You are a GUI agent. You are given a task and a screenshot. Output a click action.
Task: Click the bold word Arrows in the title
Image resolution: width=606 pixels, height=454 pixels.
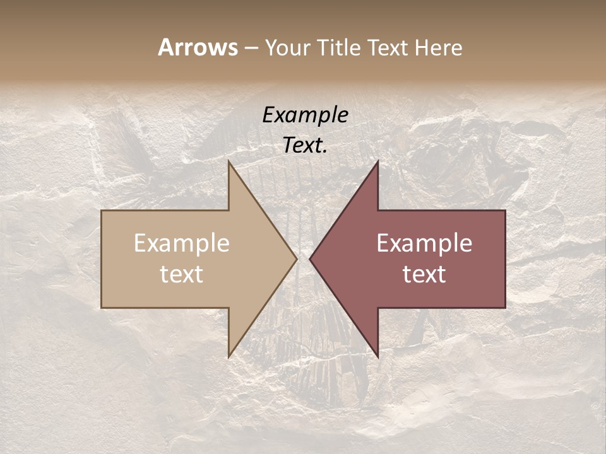(198, 47)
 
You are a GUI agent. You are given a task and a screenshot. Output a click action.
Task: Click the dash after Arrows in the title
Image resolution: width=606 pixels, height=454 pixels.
(251, 48)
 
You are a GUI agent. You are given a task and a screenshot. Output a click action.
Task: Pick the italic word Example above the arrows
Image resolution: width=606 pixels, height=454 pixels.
(305, 115)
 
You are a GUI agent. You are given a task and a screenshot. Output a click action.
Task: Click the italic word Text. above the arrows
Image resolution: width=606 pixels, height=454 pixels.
(305, 145)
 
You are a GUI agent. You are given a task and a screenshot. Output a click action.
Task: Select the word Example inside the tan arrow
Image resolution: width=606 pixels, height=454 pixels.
(182, 243)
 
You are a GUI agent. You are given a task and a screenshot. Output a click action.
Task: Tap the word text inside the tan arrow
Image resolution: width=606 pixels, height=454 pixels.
(182, 274)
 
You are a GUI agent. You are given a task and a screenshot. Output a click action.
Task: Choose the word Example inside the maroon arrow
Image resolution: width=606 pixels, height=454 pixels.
(424, 243)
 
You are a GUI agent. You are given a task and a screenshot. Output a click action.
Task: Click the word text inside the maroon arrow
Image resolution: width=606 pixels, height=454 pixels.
(424, 274)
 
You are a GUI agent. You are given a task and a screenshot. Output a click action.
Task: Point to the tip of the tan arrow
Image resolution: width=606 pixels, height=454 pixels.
(297, 259)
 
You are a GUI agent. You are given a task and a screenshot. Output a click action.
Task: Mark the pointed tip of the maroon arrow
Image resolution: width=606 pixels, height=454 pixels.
(309, 259)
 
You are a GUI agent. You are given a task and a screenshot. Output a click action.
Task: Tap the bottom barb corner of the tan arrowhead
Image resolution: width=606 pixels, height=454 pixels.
(229, 357)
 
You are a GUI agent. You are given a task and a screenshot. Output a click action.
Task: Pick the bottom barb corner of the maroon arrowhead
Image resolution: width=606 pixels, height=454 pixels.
(377, 357)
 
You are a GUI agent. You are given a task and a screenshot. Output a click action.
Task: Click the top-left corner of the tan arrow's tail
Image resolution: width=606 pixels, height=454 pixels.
(102, 211)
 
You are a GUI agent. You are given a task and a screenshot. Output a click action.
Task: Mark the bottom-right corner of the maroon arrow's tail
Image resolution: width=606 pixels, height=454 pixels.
(505, 308)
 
